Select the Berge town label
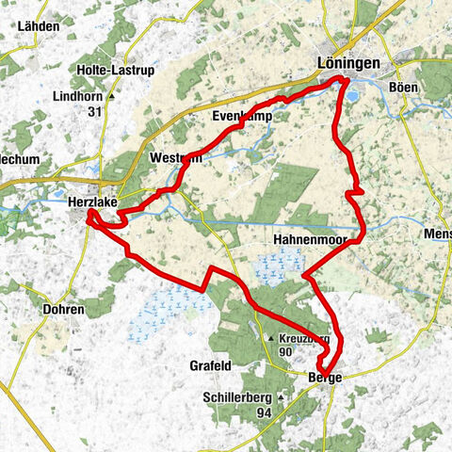(x=325, y=377)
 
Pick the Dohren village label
(x=64, y=309)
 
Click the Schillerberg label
(x=236, y=397)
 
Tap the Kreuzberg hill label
(x=304, y=337)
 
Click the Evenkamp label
(x=243, y=118)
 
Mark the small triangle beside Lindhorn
(x=113, y=97)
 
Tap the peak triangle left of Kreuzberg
(x=271, y=338)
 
